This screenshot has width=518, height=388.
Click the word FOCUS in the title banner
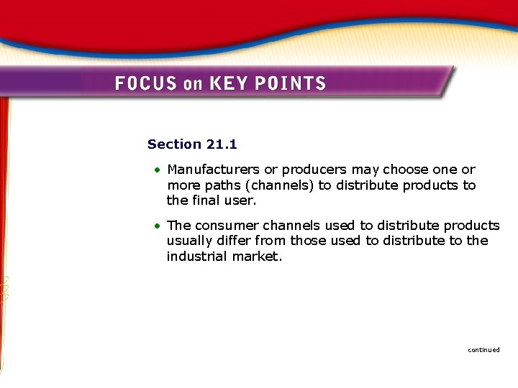coord(145,83)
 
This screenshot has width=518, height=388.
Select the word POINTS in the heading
coord(292,83)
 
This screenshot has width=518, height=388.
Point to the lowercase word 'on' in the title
coord(193,84)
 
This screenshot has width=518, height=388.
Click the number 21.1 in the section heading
coord(222,144)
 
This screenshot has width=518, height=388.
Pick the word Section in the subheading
coord(174,144)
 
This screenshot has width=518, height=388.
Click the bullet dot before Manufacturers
coord(156,170)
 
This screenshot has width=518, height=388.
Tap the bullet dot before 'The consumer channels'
coord(156,226)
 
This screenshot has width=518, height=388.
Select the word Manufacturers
coord(214,170)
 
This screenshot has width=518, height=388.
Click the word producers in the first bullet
coord(314,170)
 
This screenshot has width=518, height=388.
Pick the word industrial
coord(196,257)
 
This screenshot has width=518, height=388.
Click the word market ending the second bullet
coord(256,257)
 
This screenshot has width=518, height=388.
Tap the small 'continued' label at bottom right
coord(483,350)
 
